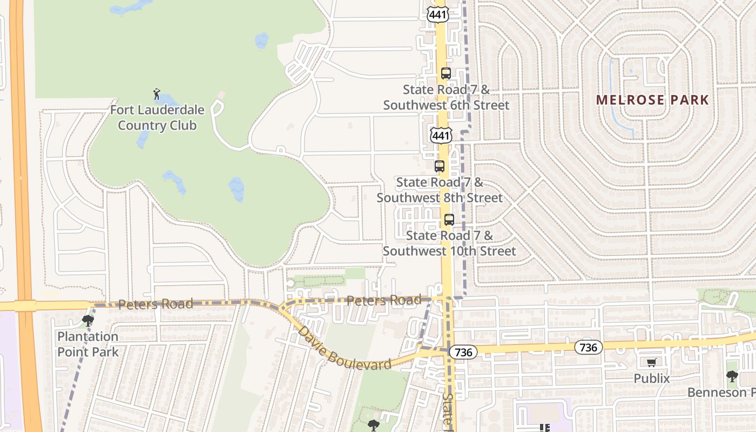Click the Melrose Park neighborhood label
652,100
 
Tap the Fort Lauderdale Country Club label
157,118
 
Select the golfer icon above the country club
157,94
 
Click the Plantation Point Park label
88,344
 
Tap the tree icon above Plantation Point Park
87,321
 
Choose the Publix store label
651,379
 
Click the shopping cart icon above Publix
651,362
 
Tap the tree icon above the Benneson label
732,376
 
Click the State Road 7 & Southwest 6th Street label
446,97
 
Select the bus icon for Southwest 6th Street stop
446,73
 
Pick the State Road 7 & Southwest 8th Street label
440,190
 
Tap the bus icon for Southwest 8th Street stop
440,166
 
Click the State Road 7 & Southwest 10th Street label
449,243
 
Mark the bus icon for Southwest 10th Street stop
449,220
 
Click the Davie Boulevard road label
345,348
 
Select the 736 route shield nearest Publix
588,347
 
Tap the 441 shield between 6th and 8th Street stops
441,135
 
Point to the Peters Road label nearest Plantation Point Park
156,304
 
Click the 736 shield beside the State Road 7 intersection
463,352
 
